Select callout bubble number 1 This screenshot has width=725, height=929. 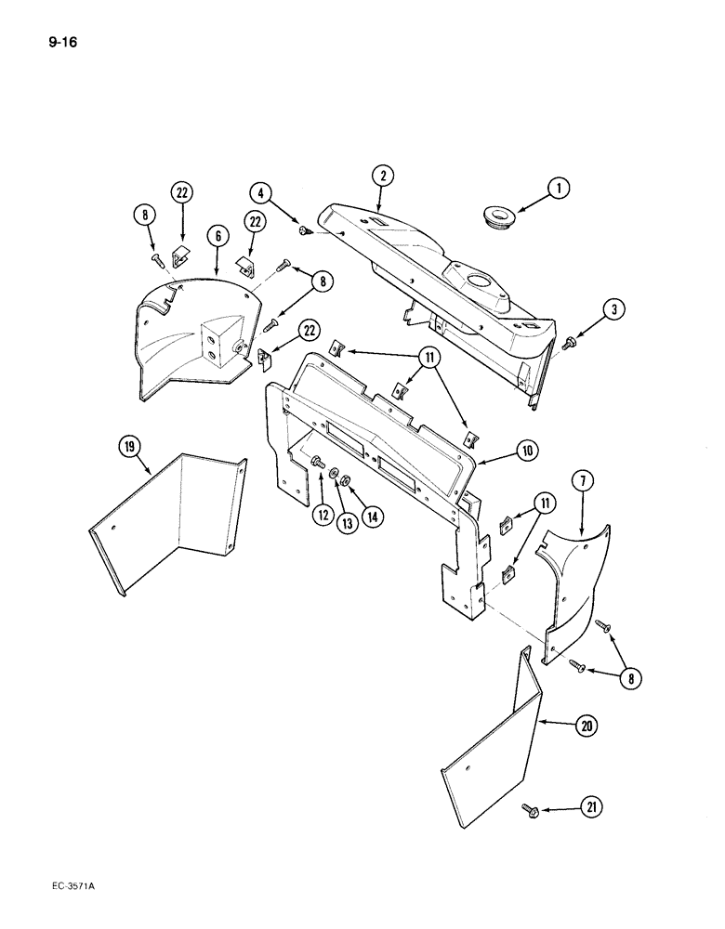(x=558, y=189)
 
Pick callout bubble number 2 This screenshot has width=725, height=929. (x=380, y=176)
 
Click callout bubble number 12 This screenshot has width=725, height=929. (x=322, y=513)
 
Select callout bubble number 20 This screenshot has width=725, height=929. (x=585, y=726)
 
